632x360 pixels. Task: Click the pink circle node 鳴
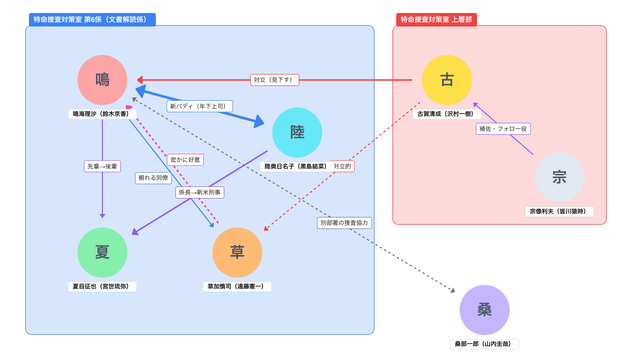tap(102, 80)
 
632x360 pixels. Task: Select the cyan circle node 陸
tap(297, 132)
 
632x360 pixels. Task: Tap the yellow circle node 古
tap(447, 80)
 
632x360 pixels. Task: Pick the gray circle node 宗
tap(560, 177)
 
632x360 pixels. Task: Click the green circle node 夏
tap(102, 252)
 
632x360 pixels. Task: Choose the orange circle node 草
tap(237, 252)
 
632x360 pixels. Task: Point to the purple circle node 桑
tap(485, 310)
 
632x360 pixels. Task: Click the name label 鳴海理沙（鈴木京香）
tap(102, 114)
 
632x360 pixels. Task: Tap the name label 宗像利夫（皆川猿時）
tap(560, 211)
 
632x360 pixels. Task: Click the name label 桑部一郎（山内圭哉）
tap(485, 344)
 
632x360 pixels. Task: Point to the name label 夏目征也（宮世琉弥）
tap(102, 286)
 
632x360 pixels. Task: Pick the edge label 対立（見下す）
tap(275, 80)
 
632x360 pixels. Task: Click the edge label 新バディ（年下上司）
tap(200, 106)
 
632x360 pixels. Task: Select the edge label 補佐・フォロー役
tap(503, 129)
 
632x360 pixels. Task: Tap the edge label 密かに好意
tap(185, 160)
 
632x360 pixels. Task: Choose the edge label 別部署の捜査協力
tap(344, 223)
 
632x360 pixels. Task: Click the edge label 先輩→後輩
tap(102, 166)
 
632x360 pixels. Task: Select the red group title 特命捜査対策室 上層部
tap(437, 19)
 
